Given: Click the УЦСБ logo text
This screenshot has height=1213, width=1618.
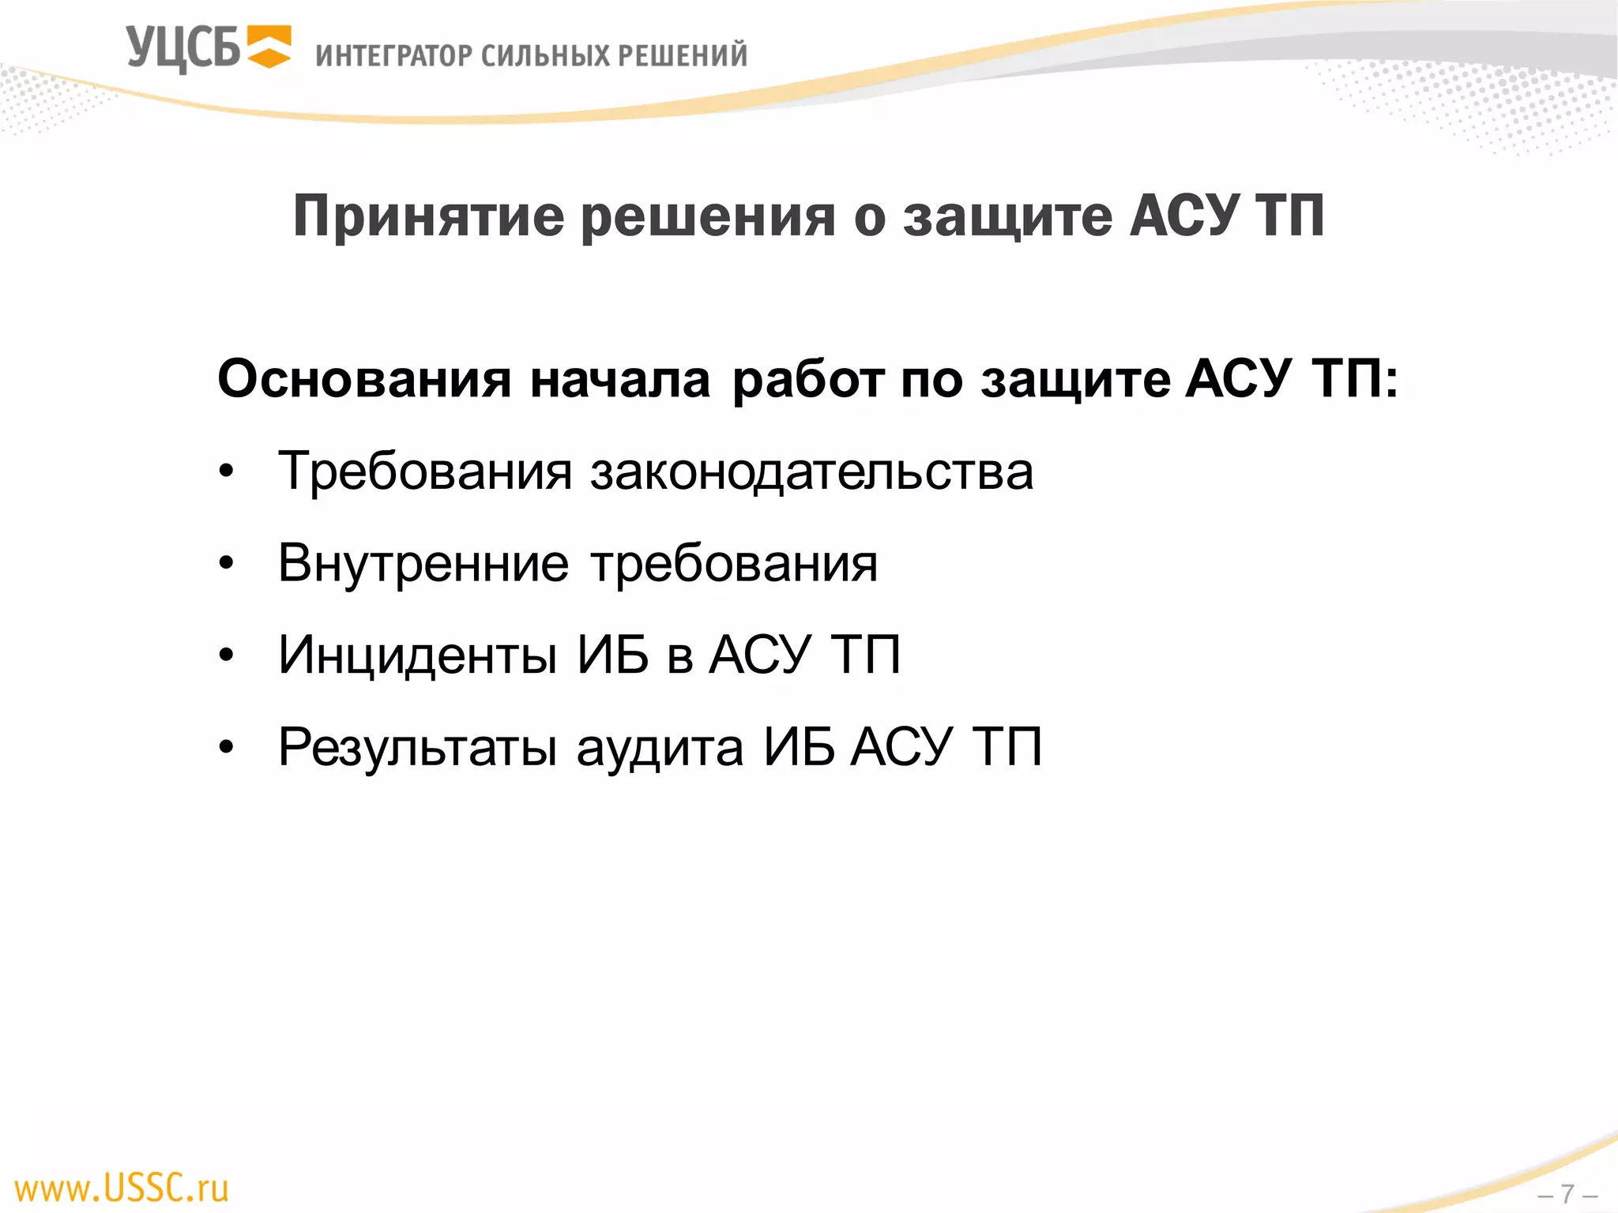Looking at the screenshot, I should click(183, 49).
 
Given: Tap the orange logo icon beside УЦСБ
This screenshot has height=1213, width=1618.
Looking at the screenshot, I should click(269, 47).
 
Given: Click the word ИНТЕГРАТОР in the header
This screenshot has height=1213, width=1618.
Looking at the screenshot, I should click(393, 56).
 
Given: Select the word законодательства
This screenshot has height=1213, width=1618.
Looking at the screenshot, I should click(811, 472).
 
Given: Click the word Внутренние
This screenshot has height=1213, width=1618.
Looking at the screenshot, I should click(423, 564).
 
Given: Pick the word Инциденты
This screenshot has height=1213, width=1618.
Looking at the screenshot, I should click(418, 655).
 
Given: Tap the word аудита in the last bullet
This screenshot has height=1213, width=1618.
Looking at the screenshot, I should click(660, 747).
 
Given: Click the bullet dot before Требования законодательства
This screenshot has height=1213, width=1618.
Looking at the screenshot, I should click(227, 472).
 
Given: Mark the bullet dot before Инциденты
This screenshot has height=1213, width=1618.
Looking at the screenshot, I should click(227, 655).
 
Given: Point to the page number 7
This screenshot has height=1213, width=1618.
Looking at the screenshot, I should click(1567, 1193).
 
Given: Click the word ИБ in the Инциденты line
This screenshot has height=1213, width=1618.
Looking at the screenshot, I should click(613, 655).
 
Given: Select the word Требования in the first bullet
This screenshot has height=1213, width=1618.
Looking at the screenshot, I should click(425, 472).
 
